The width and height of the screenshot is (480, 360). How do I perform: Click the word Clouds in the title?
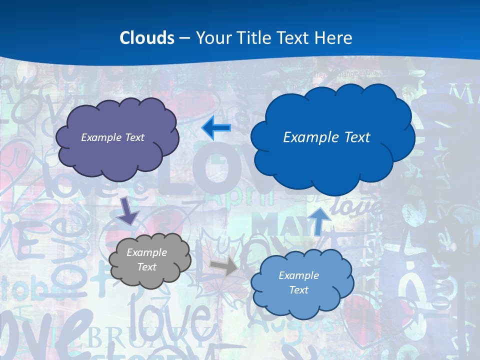pos(147,38)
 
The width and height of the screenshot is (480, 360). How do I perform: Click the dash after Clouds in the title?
pos(184,38)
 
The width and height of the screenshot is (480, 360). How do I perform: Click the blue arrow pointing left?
pos(216,128)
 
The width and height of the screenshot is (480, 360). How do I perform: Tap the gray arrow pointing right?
pos(224,266)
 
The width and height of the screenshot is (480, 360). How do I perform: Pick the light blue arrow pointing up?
pos(318,220)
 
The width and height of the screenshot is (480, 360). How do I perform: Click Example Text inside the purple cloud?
pos(112,137)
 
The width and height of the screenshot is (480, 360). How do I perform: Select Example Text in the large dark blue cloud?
pos(326,137)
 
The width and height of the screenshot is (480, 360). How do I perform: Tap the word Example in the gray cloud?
pos(146,252)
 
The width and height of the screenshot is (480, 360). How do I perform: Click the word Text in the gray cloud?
pos(146,267)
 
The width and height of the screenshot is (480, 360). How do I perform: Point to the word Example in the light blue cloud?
pos(298,275)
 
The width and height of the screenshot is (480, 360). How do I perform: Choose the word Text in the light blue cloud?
pos(298,290)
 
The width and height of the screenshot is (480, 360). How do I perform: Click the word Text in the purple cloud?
pos(134,137)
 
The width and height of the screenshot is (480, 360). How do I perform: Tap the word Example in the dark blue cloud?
pos(308,137)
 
